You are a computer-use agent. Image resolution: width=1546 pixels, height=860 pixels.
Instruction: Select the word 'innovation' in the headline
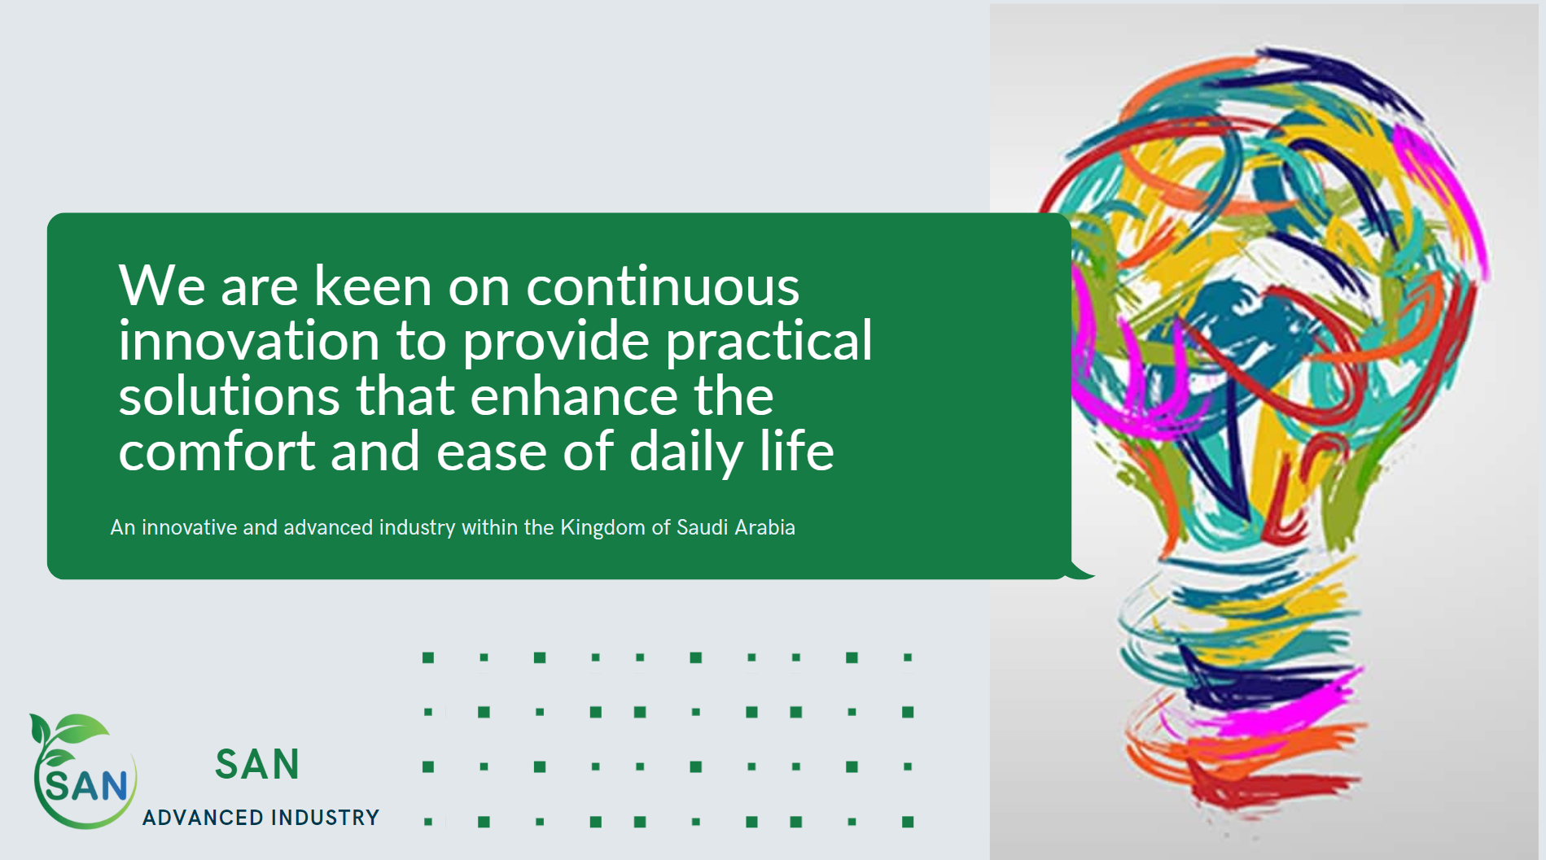(249, 340)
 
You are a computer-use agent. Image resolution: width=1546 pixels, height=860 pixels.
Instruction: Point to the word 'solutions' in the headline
(229, 395)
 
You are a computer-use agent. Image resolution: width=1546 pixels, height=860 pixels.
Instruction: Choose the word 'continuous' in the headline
(663, 286)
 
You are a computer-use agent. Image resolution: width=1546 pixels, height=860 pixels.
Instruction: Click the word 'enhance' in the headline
(574, 395)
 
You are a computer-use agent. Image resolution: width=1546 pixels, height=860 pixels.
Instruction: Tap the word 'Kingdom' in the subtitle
(602, 528)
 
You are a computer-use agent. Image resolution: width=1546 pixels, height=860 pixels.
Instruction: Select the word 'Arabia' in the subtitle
(764, 527)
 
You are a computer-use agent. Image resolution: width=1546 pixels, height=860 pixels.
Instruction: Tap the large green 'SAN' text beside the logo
(257, 765)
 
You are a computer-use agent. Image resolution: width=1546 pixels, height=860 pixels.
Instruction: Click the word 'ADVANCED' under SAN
(203, 818)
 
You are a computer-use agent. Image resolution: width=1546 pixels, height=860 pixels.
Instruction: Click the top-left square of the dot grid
(428, 657)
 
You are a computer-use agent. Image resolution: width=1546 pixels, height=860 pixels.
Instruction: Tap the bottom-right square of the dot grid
(908, 822)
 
